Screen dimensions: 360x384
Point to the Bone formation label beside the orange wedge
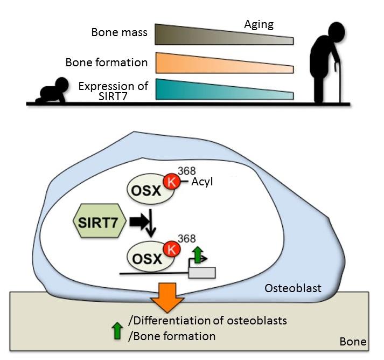tap(106, 63)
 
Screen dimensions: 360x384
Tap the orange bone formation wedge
tap(215, 63)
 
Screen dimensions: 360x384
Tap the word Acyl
tap(202, 182)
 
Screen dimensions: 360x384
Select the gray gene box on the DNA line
tap(202, 272)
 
